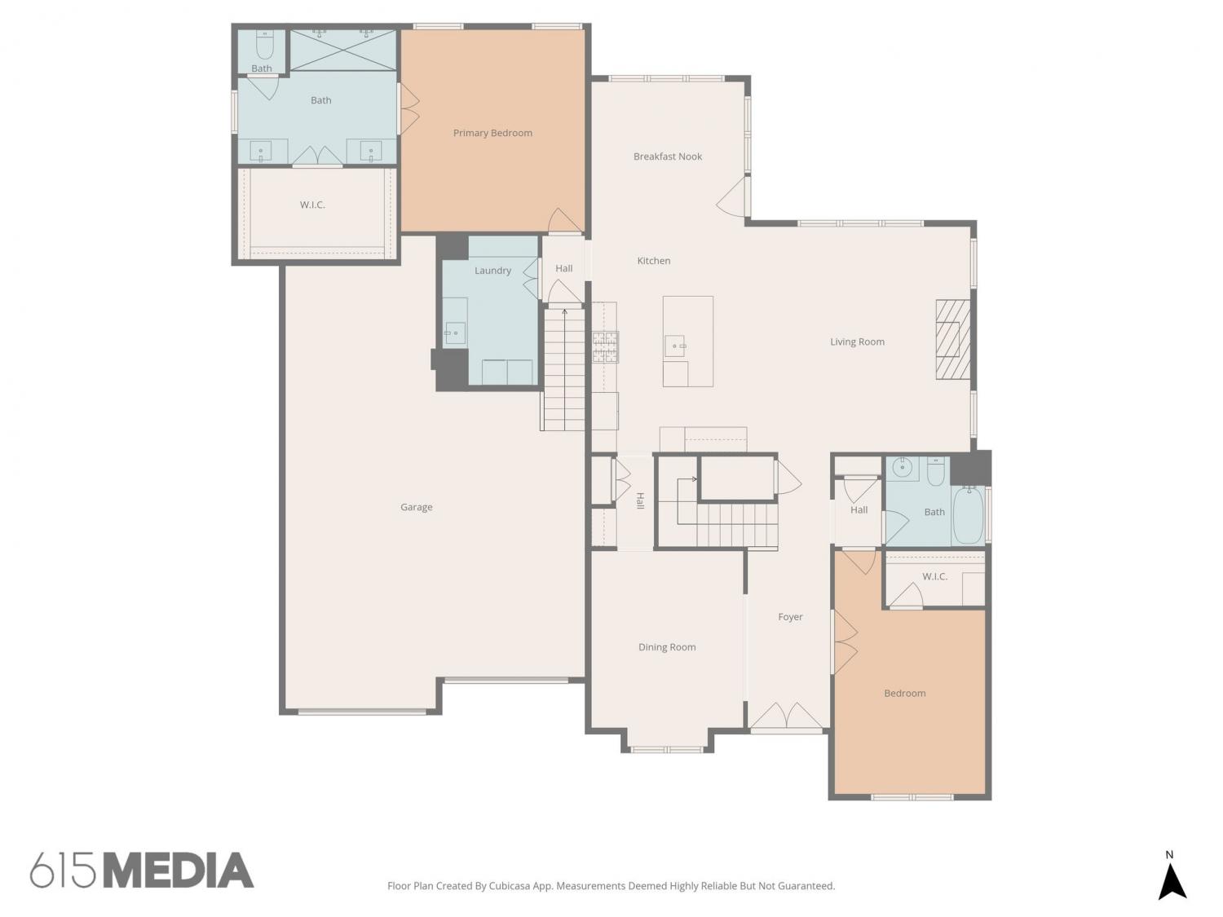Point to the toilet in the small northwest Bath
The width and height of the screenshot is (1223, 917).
(x=263, y=46)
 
